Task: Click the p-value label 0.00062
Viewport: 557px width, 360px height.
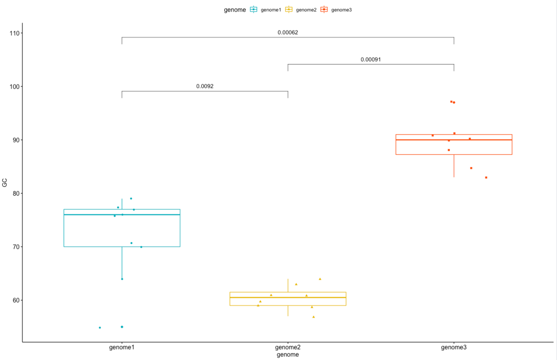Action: click(288, 32)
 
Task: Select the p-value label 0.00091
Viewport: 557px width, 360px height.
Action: click(371, 59)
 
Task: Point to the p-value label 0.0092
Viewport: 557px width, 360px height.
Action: click(205, 86)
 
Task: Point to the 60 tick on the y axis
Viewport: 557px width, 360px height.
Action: click(14, 300)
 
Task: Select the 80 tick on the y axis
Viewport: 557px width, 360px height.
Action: click(14, 193)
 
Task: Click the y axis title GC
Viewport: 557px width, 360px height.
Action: click(5, 183)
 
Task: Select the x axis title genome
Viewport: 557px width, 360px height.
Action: click(288, 355)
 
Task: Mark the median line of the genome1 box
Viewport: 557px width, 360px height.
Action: click(122, 215)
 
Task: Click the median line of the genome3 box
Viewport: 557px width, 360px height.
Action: click(454, 140)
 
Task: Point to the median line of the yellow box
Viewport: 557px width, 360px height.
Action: click(288, 297)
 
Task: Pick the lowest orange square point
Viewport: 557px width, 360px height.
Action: click(486, 178)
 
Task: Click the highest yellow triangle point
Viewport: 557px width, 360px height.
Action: click(320, 279)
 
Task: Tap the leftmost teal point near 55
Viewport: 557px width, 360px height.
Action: click(100, 328)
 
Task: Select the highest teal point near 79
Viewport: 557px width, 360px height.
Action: click(131, 199)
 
